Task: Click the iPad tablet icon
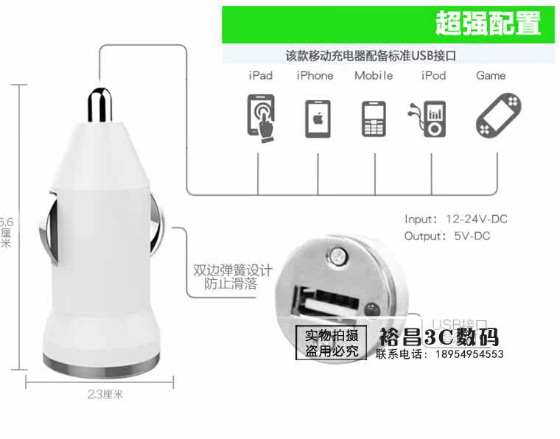(259, 116)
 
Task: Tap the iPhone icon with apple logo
(318, 117)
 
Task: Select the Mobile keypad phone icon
(374, 117)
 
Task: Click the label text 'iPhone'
(315, 76)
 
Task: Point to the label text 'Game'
(491, 76)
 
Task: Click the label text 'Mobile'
(374, 76)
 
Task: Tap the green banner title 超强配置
(488, 24)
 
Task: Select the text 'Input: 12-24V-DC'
(456, 219)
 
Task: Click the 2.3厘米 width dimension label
(105, 394)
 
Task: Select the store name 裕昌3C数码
(439, 337)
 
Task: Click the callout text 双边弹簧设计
(233, 270)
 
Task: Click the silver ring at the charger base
(100, 362)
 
